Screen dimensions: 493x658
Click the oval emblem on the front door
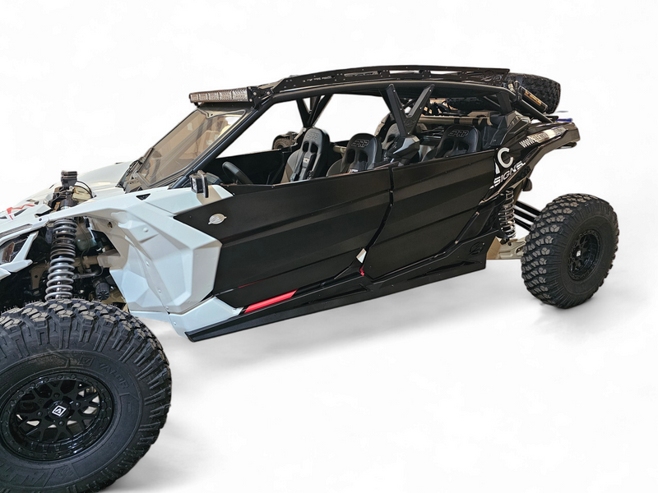point(216,219)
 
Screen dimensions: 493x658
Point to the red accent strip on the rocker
point(269,302)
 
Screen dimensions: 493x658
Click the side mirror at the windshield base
point(199,186)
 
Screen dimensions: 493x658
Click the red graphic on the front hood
point(12,212)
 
